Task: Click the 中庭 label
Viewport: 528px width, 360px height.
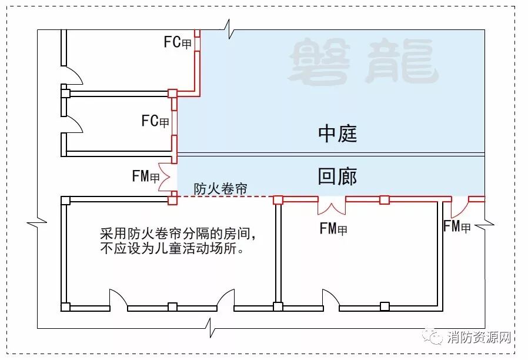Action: pyautogui.click(x=337, y=134)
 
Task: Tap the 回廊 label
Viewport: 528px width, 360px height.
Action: pyautogui.click(x=337, y=176)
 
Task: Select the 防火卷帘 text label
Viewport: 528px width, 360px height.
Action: pyautogui.click(x=220, y=189)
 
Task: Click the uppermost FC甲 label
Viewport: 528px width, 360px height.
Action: pyautogui.click(x=178, y=42)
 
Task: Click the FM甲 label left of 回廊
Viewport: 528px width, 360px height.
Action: pyautogui.click(x=146, y=176)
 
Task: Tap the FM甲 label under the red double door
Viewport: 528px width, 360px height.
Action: pyautogui.click(x=333, y=229)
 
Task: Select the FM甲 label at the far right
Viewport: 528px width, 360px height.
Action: pyautogui.click(x=457, y=226)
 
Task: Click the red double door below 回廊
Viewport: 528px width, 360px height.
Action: pyautogui.click(x=332, y=206)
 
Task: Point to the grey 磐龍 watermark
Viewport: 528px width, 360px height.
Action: pyautogui.click(x=364, y=61)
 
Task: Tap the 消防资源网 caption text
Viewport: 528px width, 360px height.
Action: pyautogui.click(x=479, y=338)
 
